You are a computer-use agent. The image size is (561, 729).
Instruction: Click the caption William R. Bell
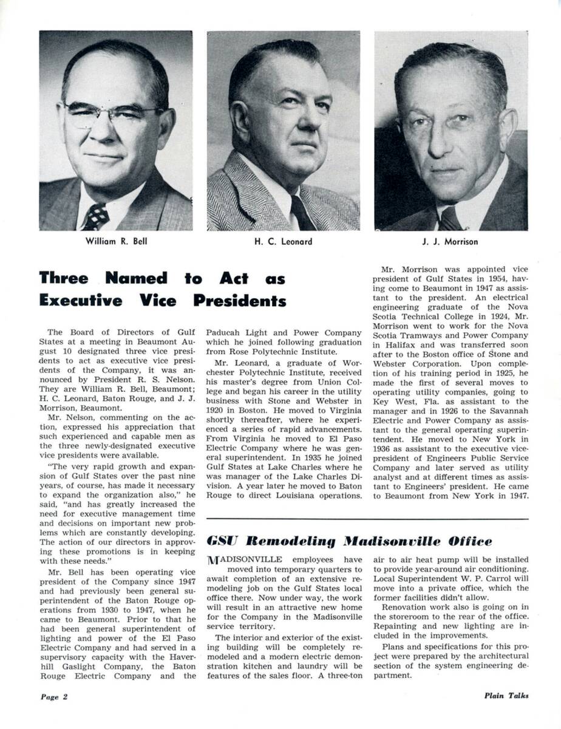[116, 241]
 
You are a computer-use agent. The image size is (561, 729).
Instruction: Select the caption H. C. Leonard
[283, 242]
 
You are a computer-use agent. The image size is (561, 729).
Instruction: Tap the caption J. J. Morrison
[450, 242]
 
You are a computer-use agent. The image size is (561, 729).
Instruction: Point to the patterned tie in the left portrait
[96, 215]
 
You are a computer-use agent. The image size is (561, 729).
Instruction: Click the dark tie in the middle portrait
[301, 213]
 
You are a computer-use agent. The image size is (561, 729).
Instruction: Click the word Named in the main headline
[136, 279]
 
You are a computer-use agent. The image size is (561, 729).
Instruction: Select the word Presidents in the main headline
[240, 301]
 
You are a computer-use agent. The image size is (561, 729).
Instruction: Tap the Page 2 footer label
[54, 697]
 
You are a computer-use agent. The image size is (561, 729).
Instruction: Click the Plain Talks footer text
[506, 696]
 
